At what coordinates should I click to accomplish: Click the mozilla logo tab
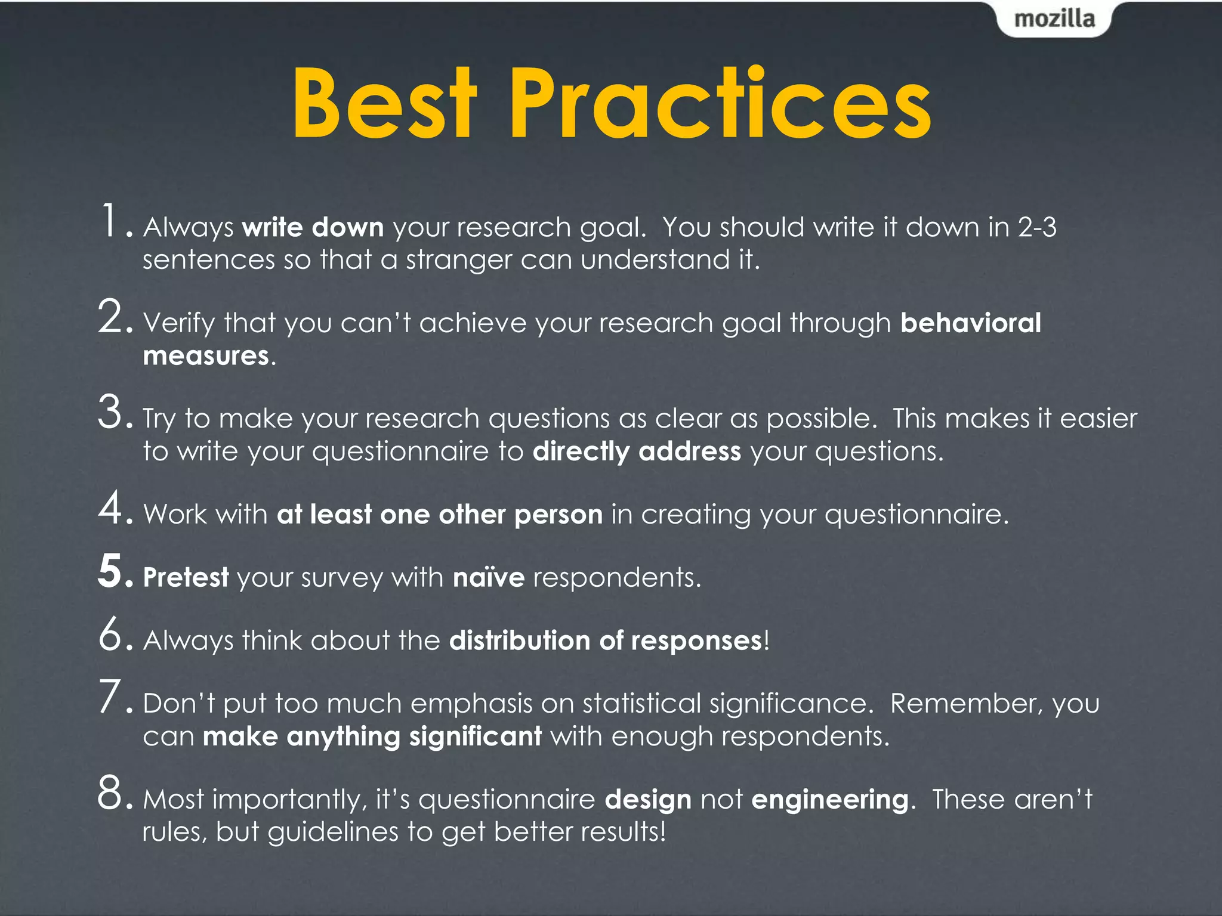[1054, 19]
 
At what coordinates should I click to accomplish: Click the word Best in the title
[385, 104]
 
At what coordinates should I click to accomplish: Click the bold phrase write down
[313, 228]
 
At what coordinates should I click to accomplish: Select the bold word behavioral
[970, 323]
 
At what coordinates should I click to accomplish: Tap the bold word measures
[206, 356]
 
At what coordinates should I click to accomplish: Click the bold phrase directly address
[637, 451]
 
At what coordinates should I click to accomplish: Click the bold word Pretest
[186, 578]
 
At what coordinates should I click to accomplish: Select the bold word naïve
[488, 578]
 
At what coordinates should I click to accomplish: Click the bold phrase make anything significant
[372, 736]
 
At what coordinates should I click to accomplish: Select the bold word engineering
[829, 800]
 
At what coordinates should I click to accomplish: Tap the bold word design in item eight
[648, 800]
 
